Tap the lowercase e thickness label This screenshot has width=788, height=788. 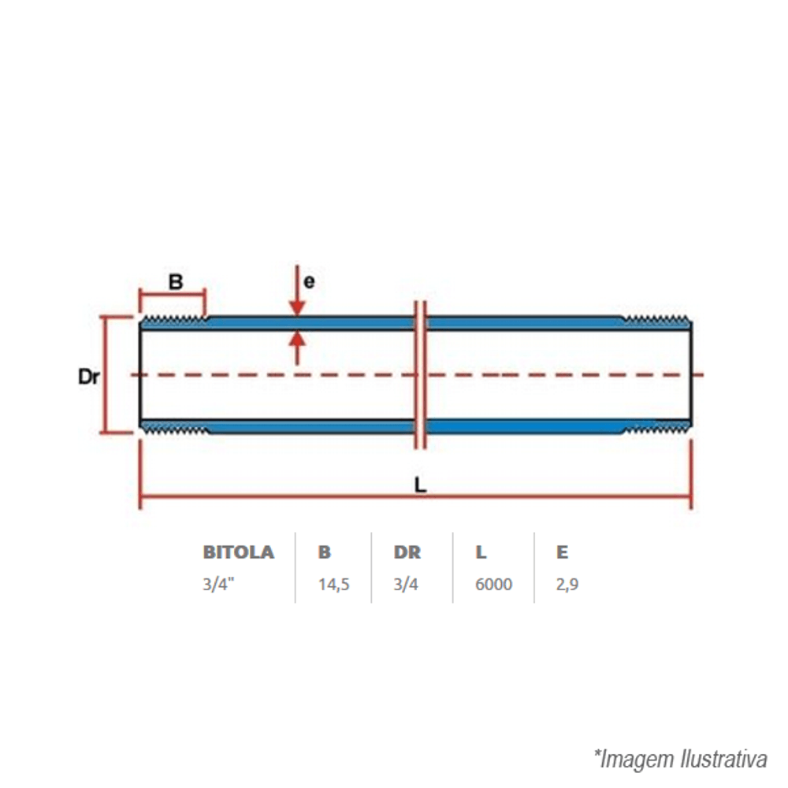[x=309, y=281]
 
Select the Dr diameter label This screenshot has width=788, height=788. [x=89, y=377]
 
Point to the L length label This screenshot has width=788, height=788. [x=421, y=485]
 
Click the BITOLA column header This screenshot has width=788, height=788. [x=238, y=552]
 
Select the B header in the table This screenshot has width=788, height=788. [x=324, y=552]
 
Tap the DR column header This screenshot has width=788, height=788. [x=407, y=552]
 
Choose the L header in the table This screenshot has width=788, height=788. [x=481, y=552]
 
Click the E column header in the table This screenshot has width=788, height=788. [x=561, y=552]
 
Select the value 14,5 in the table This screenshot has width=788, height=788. [x=333, y=585]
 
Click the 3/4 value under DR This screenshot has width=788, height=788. [x=407, y=585]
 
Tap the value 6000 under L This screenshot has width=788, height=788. [x=493, y=585]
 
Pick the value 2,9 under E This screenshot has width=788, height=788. [x=567, y=585]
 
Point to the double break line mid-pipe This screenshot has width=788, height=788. [x=421, y=375]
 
